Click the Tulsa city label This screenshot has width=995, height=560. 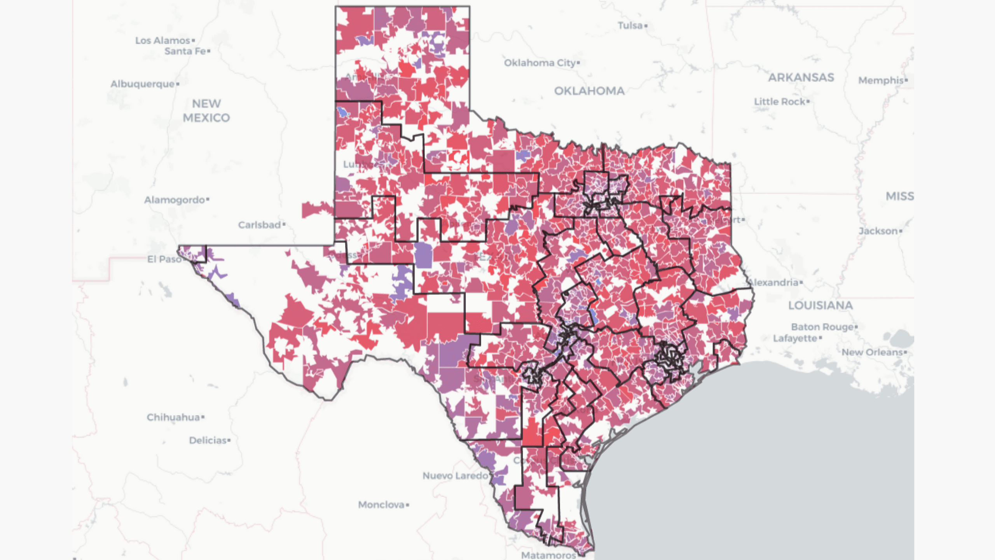click(x=630, y=26)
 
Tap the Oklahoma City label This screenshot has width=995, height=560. click(x=539, y=63)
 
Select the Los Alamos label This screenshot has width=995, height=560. click(x=162, y=40)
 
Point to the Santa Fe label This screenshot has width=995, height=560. click(x=185, y=51)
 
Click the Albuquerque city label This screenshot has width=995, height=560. click(x=142, y=84)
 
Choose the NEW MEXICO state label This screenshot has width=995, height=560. click(x=206, y=111)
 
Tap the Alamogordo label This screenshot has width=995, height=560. click(x=175, y=200)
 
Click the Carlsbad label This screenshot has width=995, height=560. click(x=259, y=225)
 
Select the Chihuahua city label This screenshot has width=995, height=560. click(x=173, y=417)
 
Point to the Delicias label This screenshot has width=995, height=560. click(x=208, y=441)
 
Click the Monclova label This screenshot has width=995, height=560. click(x=381, y=505)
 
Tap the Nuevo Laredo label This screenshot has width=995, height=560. click(x=455, y=476)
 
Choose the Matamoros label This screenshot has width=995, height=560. click(x=548, y=555)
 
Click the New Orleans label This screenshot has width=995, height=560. click(x=872, y=352)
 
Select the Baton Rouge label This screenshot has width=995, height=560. click(x=822, y=327)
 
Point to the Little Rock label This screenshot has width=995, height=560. click(x=779, y=102)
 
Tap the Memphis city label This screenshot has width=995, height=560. click(x=881, y=80)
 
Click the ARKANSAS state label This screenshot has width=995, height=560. click(x=801, y=78)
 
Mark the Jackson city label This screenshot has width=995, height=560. click(x=878, y=231)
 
